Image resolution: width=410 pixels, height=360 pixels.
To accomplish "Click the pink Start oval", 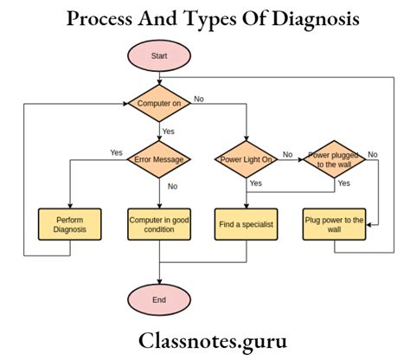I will point(160,58).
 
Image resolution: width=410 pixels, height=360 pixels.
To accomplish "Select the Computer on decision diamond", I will point(160,104).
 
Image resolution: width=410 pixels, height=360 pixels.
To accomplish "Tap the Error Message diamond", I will point(160,159).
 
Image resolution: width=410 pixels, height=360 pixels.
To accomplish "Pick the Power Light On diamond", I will point(247,159).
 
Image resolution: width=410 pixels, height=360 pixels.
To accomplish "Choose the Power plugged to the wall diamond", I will point(334,159).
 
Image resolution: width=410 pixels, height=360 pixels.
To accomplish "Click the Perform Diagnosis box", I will point(69,225).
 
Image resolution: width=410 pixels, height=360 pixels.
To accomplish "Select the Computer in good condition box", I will point(160,225).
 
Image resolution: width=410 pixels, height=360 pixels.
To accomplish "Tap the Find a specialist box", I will point(247,225).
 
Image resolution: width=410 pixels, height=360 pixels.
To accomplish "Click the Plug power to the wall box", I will point(334,225).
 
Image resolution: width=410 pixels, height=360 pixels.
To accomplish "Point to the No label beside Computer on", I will point(199,99).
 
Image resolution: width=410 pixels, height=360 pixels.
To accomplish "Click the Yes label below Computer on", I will point(170,132).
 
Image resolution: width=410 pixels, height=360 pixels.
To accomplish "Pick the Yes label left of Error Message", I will point(116,152).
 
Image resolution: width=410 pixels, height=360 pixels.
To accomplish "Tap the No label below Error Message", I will point(171,186).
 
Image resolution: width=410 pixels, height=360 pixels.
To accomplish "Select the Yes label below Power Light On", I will point(256,183).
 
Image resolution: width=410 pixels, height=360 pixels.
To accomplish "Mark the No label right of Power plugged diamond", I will point(373,154).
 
